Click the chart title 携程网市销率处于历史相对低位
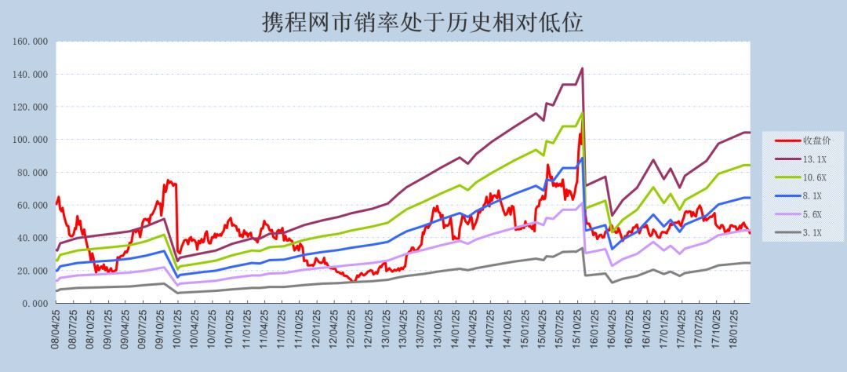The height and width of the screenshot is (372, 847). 423,21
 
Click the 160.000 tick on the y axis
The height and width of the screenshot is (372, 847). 31,42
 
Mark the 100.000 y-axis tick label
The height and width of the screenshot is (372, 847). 31,140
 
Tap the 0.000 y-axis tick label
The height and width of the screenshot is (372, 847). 34,304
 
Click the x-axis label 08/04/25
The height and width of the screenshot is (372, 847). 56,330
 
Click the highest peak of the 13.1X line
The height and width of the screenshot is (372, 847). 582,68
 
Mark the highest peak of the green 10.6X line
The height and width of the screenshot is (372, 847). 582,112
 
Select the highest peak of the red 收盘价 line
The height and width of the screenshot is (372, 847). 580,133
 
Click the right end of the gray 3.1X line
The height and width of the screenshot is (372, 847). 750,263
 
